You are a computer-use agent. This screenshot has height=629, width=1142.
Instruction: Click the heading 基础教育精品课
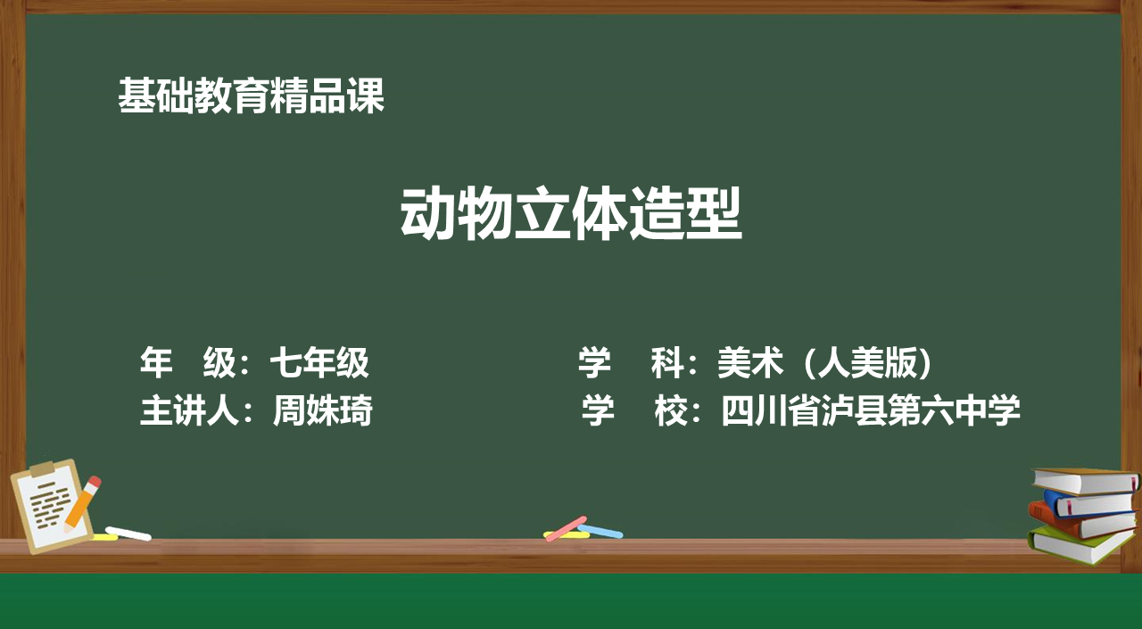pos(251,95)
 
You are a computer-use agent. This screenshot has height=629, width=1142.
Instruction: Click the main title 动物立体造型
pos(571,213)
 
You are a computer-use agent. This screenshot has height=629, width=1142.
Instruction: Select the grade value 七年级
pos(319,362)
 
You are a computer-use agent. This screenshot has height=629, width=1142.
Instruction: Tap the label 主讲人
pos(189,410)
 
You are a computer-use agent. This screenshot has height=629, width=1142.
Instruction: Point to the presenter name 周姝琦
pos(323,410)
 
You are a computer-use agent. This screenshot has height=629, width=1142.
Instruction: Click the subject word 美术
pos(750,362)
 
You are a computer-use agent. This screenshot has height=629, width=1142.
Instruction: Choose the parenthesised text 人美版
pos(867,362)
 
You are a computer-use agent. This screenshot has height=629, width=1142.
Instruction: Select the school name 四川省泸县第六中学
pos(871,410)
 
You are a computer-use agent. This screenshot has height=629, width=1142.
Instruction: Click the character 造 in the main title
pos(657,213)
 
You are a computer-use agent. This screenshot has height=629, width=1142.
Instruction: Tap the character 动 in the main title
pos(428,213)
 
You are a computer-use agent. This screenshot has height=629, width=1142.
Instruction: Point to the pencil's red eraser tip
pos(95,482)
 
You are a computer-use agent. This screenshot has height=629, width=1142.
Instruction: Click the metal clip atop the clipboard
pos(49,468)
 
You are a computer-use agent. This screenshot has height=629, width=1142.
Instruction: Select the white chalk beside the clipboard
pos(128,534)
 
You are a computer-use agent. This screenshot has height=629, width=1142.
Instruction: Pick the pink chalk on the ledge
pos(566,528)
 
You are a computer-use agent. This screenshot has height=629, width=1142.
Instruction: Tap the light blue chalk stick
pos(600,531)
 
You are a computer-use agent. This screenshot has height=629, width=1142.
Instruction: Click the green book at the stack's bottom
pos(1077,545)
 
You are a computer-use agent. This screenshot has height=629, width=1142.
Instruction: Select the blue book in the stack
pos(1090,502)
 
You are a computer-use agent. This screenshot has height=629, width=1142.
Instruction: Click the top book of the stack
pos(1086,481)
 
